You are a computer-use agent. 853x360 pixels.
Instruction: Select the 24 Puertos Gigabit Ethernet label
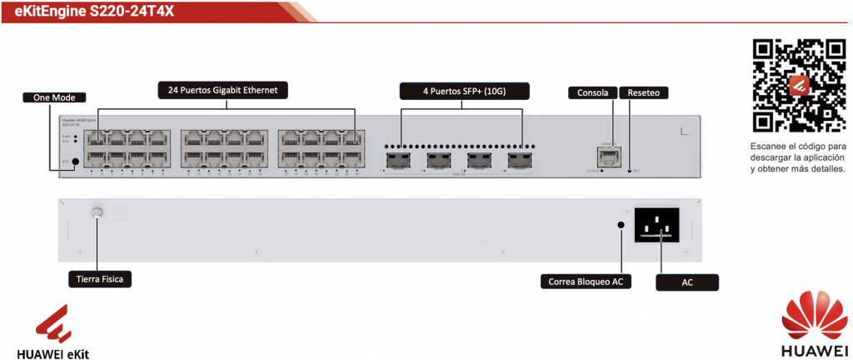tap(222, 89)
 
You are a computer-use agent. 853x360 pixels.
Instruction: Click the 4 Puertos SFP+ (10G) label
tap(461, 89)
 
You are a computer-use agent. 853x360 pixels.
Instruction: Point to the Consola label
tap(592, 92)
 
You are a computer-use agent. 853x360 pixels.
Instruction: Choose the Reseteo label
tap(643, 92)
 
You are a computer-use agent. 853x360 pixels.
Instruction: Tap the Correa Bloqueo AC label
tap(585, 282)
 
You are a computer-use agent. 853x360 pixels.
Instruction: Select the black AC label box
tap(687, 283)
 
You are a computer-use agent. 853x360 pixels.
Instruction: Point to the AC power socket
tap(663, 224)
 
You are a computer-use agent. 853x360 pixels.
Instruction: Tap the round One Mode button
tap(76, 162)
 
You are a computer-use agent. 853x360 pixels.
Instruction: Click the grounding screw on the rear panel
tap(97, 213)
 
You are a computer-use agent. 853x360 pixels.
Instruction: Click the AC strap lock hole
tap(621, 224)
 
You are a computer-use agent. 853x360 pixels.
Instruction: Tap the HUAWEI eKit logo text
tap(52, 352)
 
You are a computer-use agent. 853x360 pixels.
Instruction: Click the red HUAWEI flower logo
tap(806, 316)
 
